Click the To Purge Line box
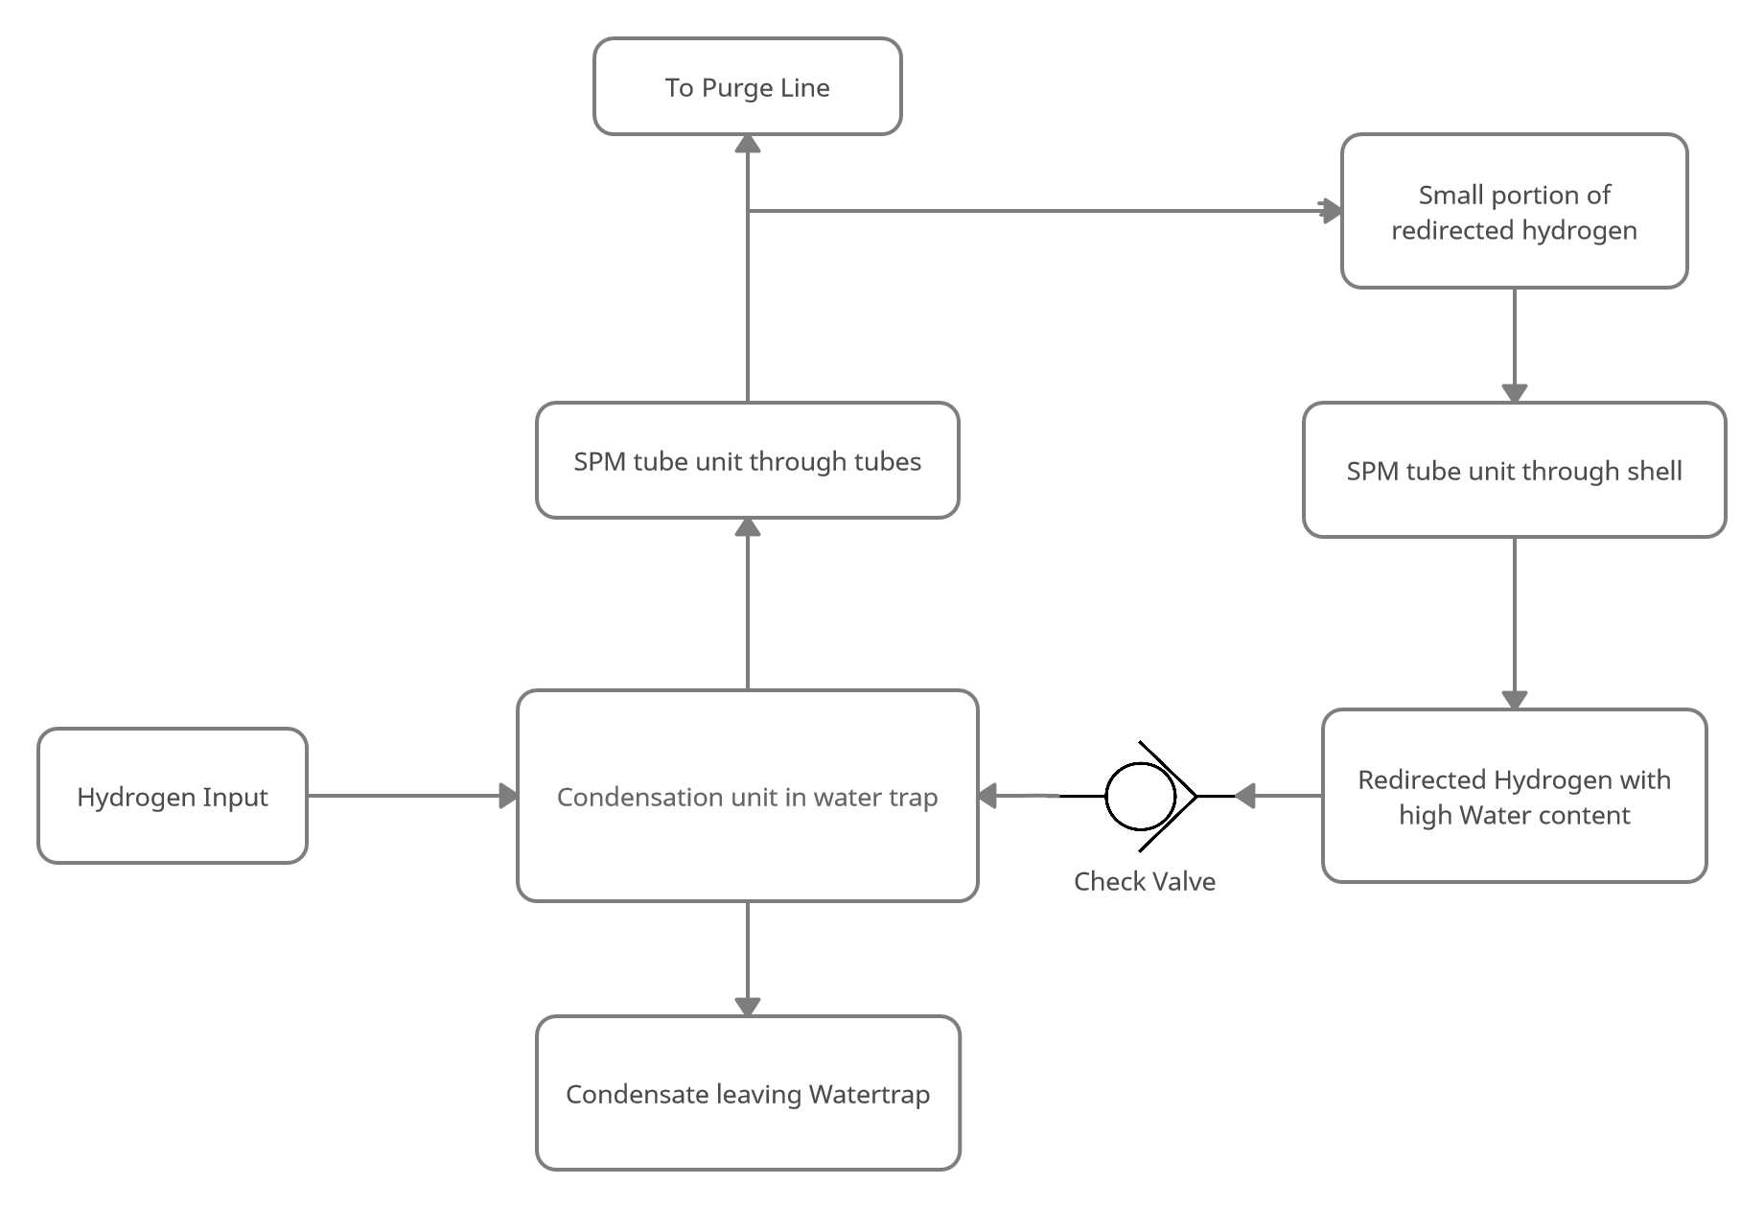point(748,86)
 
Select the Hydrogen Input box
point(173,796)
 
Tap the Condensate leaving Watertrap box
point(748,1093)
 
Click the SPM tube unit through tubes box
point(748,460)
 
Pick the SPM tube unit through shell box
point(1515,470)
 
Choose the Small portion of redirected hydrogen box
point(1515,211)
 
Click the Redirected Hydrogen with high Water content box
point(1515,796)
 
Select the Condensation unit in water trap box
point(748,796)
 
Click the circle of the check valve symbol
point(1140,796)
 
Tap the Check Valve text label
point(1145,881)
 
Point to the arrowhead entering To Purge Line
point(748,144)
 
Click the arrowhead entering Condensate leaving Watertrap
point(748,1007)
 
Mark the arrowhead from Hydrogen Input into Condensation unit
point(508,796)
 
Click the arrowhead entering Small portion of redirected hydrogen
point(1332,211)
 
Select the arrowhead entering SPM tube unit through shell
point(1515,393)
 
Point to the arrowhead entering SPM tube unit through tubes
point(748,527)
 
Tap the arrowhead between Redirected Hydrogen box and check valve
point(1244,796)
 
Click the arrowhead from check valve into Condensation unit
point(987,796)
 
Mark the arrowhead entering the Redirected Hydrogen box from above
point(1515,700)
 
